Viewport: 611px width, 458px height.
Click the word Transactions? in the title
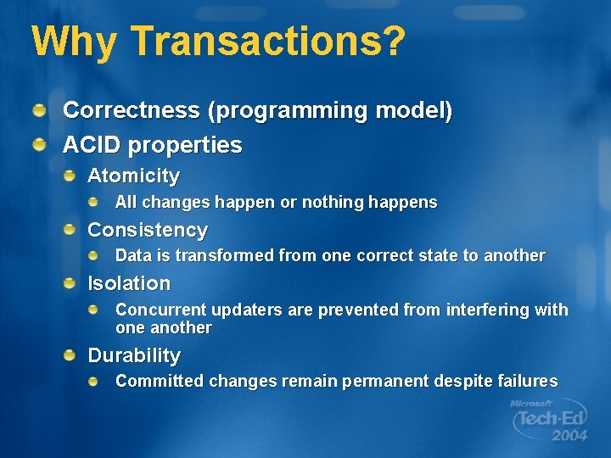click(x=268, y=42)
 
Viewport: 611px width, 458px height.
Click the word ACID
click(x=92, y=145)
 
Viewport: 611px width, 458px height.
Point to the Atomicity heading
click(x=133, y=176)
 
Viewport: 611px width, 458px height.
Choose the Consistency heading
click(x=148, y=230)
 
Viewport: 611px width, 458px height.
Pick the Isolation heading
click(x=129, y=283)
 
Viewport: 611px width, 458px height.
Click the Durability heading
click(x=134, y=355)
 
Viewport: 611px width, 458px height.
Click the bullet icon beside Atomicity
click(x=74, y=176)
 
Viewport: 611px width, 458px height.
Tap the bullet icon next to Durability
click(x=74, y=355)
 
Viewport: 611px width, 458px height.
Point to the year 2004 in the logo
click(x=569, y=436)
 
